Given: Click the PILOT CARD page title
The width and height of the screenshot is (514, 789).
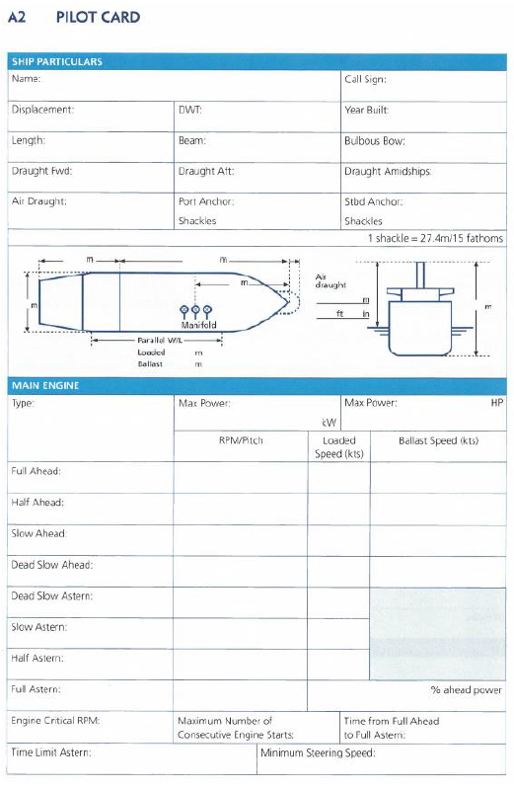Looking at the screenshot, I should [x=98, y=18].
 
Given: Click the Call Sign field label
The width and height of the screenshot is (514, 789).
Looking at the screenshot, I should [x=365, y=79].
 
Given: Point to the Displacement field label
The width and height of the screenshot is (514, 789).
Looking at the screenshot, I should [x=42, y=110].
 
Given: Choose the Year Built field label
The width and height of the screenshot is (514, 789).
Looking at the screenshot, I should [x=366, y=110].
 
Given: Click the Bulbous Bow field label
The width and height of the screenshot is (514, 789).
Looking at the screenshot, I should [x=374, y=140].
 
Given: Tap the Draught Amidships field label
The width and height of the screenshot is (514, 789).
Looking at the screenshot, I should [x=387, y=171].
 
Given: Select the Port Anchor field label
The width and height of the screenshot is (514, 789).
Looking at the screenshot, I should [x=205, y=201].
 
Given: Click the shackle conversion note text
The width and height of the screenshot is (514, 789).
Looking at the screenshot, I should [x=435, y=238].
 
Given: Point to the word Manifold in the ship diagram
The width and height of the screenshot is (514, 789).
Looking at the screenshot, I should [x=198, y=324].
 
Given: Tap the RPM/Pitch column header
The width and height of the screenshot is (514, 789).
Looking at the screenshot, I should [x=241, y=440].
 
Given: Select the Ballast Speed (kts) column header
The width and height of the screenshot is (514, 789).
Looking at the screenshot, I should [x=438, y=440].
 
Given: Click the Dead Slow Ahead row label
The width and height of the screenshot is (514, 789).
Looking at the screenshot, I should [x=52, y=565].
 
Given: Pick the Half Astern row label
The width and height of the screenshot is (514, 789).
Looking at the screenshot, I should [x=37, y=659].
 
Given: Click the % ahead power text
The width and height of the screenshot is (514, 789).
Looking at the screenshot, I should [x=466, y=690].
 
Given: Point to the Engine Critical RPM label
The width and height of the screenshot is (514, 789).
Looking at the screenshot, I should [x=55, y=721].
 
